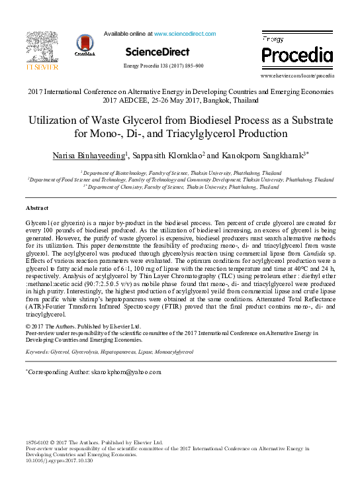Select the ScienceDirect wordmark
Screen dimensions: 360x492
coord(157,52)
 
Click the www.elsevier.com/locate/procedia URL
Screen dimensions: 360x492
coord(296,76)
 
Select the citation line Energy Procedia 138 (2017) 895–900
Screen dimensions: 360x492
coord(163,66)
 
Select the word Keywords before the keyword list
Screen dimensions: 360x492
coord(36,353)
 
